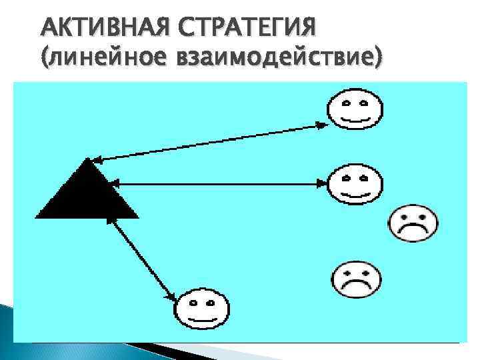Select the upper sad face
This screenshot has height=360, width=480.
413,223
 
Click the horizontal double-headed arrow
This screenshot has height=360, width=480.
220,182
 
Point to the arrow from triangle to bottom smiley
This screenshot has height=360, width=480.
143,256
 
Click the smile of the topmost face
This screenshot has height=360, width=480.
356,121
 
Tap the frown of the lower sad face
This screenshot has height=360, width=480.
356,286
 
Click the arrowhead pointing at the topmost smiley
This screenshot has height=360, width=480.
321,123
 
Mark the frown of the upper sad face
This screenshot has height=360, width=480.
413,230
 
